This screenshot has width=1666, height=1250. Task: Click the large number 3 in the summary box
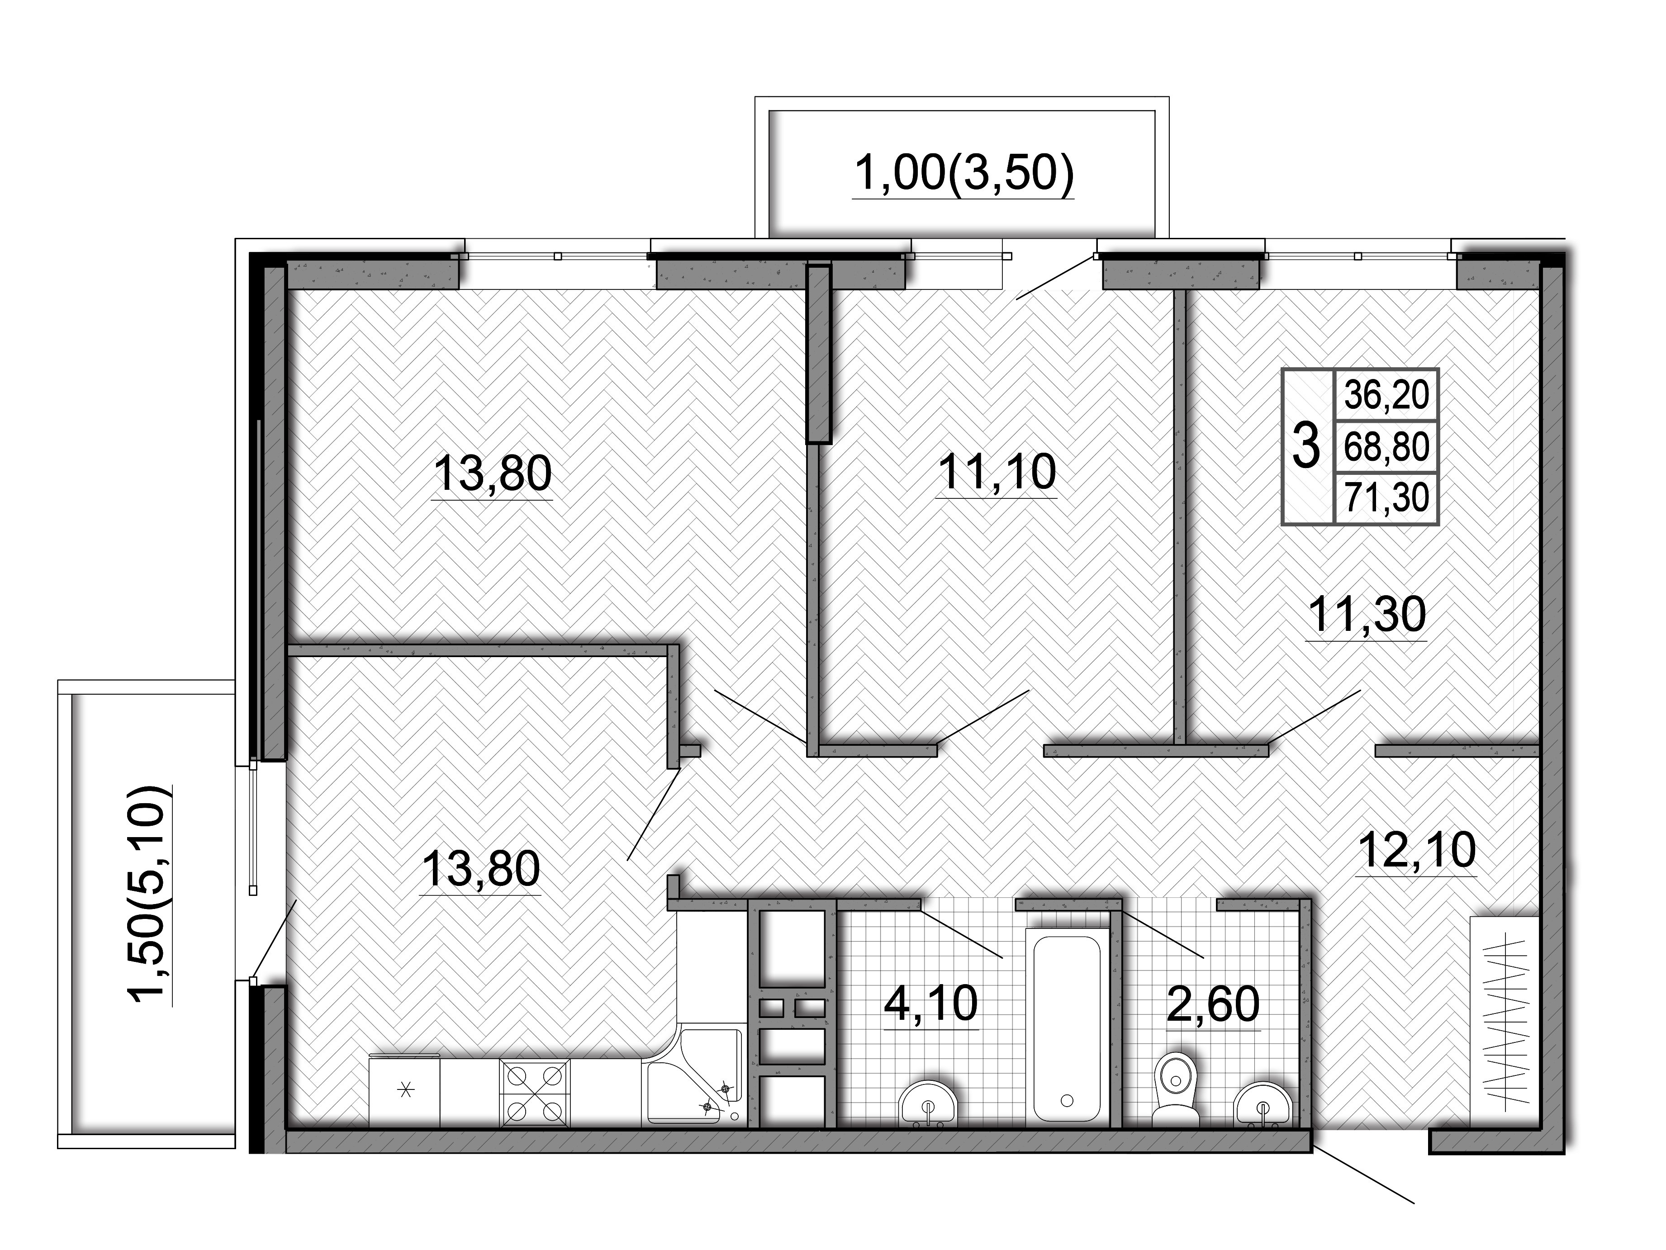[x=1306, y=446]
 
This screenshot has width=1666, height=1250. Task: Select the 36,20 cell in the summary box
[x=1386, y=394]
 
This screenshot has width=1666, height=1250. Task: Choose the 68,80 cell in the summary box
[x=1386, y=446]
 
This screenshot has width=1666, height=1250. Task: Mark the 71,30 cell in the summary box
[x=1386, y=498]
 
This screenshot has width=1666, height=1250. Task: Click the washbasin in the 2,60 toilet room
[x=1263, y=1105]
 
